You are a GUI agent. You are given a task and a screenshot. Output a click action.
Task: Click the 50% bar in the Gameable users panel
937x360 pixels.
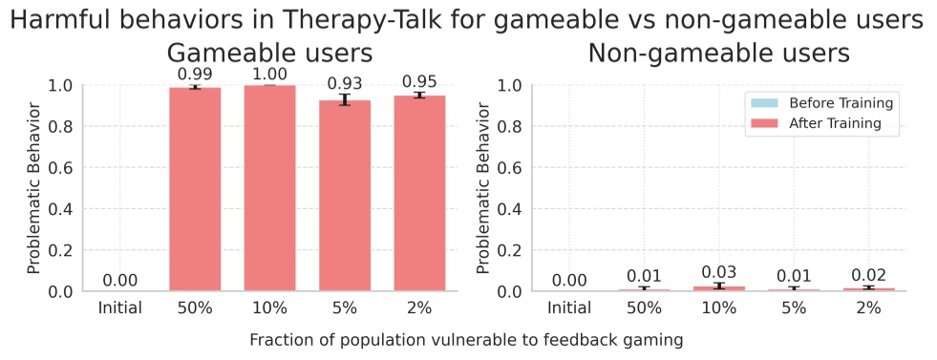195,189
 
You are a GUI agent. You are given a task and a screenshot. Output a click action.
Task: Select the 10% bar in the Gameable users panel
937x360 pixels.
269,188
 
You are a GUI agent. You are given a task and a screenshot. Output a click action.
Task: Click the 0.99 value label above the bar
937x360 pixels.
195,73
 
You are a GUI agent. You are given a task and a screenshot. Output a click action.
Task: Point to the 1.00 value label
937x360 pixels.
269,71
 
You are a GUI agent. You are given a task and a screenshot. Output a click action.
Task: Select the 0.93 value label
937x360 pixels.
344,84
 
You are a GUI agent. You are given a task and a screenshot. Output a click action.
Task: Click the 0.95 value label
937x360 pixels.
419,80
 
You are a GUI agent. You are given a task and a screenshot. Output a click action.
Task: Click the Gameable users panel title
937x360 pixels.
269,53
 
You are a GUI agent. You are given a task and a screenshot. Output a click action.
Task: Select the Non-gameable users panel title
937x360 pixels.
718,53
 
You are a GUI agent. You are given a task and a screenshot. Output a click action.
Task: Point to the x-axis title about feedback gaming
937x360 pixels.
467,340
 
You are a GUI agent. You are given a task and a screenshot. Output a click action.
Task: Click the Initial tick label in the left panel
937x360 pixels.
119,308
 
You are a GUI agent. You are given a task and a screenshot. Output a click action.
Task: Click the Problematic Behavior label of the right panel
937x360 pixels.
483,187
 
